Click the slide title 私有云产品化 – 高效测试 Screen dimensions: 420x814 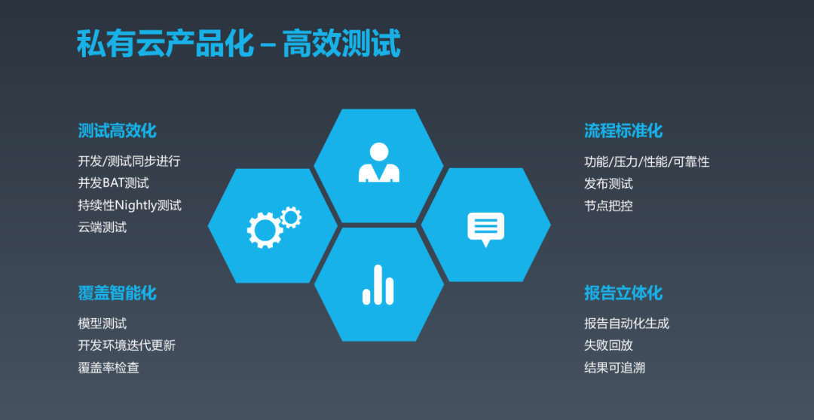[238, 44]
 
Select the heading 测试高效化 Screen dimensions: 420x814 [117, 130]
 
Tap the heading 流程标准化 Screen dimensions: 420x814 [623, 130]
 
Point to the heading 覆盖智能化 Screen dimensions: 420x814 [117, 293]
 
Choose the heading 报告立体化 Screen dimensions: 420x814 [623, 293]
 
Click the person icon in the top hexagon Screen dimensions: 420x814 [378, 163]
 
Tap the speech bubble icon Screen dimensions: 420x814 [485, 228]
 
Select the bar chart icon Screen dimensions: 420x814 [378, 285]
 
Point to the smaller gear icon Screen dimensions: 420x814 [290, 217]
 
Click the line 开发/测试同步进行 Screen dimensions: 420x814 [129, 161]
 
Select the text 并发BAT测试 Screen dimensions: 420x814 [113, 183]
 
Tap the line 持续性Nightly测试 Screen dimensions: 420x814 [130, 205]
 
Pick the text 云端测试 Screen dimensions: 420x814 [103, 227]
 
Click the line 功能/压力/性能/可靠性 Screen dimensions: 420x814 [647, 161]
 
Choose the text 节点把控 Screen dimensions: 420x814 [608, 205]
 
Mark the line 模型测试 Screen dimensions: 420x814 [103, 323]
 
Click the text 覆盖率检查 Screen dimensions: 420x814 [109, 368]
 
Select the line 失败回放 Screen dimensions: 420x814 [608, 345]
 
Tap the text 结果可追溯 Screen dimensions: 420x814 [614, 368]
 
